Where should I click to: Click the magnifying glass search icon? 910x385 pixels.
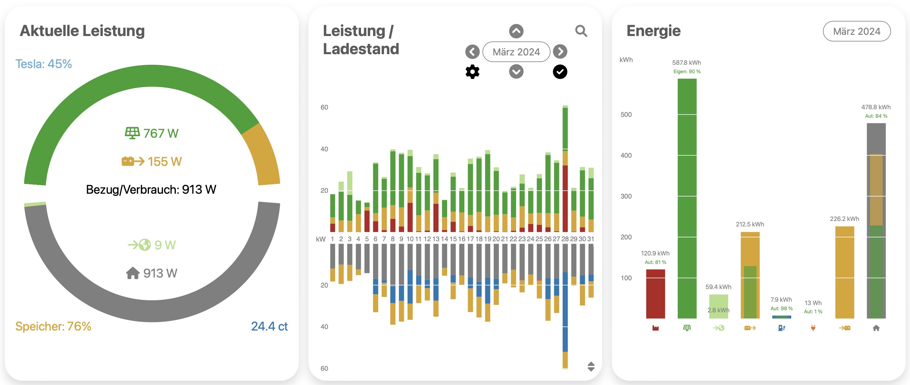click(x=581, y=31)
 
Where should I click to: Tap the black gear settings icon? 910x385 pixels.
click(x=472, y=72)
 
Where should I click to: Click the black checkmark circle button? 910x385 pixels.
click(x=560, y=72)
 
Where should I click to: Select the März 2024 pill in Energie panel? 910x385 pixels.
click(x=856, y=31)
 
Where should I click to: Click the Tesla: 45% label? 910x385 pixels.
click(x=44, y=64)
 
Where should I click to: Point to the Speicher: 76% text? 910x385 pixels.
click(x=53, y=326)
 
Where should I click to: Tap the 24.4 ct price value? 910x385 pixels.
click(x=269, y=326)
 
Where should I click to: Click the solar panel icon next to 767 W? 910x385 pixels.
click(x=132, y=133)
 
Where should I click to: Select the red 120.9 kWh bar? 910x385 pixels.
click(x=655, y=294)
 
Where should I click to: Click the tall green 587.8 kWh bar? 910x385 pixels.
click(x=687, y=198)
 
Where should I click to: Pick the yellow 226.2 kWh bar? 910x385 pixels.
click(x=844, y=272)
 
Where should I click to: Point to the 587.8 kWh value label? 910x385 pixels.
click(x=686, y=63)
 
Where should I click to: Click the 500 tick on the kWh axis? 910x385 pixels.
click(x=626, y=115)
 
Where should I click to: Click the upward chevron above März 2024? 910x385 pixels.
click(x=516, y=31)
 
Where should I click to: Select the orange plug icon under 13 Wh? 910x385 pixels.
click(x=813, y=328)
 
